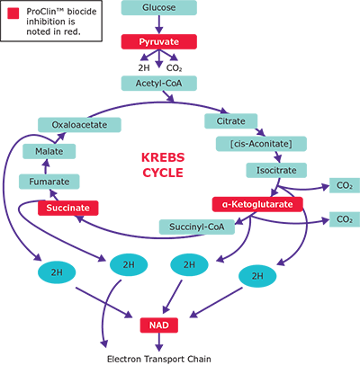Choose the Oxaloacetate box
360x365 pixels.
point(72,124)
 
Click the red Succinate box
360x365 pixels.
point(67,208)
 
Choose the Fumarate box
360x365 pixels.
point(45,182)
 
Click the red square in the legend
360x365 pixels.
point(11,13)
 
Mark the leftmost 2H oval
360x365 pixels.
point(57,271)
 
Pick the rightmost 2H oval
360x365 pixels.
point(258,275)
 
